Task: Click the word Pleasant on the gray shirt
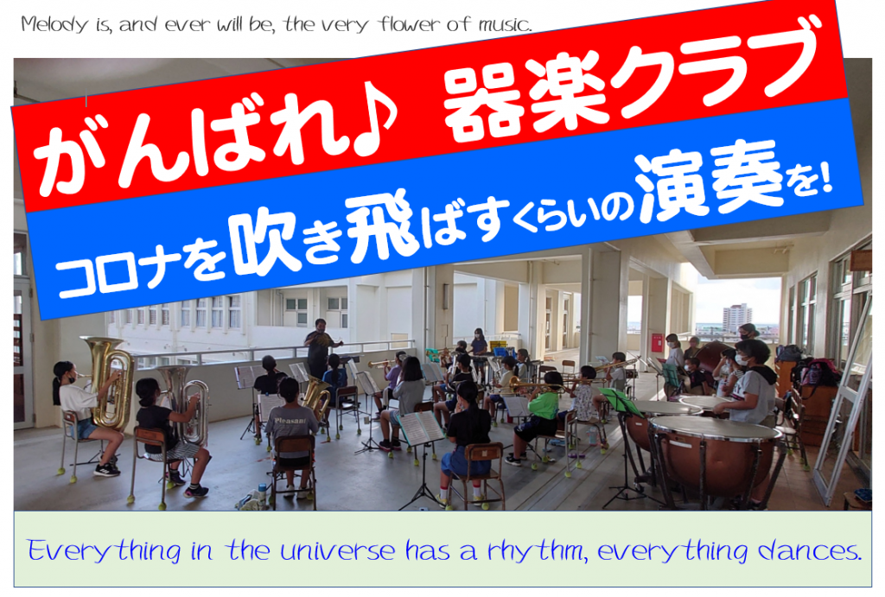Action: coord(290,421)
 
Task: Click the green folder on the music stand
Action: coord(621,401)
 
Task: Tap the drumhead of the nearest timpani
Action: coord(715,428)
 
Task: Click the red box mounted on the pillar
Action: coord(657,342)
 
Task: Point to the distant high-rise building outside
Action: coord(737,317)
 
